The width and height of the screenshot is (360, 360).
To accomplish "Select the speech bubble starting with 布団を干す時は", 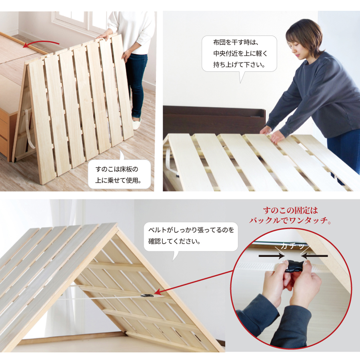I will click(x=239, y=54).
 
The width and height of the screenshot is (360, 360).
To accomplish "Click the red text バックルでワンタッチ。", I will click(x=290, y=220).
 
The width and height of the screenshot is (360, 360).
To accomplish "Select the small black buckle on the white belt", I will click(x=146, y=296).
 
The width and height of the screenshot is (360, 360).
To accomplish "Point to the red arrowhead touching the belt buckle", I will click(x=157, y=294).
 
